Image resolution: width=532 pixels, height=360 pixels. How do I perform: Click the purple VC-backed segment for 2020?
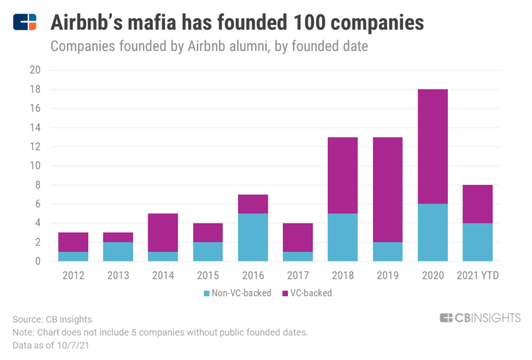click(x=432, y=146)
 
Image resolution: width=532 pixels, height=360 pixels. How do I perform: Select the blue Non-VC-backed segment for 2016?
click(x=253, y=237)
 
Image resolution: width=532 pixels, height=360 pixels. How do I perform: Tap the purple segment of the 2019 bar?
click(x=388, y=190)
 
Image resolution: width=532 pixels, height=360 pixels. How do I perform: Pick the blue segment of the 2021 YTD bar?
click(x=477, y=242)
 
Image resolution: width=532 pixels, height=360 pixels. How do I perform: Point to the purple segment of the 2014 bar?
click(x=163, y=233)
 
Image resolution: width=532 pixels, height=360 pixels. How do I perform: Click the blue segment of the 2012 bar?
click(x=73, y=257)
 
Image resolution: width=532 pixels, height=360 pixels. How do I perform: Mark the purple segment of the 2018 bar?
click(x=343, y=175)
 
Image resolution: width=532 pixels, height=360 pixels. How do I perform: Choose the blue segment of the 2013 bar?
click(x=118, y=252)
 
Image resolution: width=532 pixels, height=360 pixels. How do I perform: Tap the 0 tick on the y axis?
click(x=37, y=262)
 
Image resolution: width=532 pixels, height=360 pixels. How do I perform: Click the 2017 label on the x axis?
click(x=298, y=275)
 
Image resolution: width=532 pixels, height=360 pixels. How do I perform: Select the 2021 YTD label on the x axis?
click(x=477, y=275)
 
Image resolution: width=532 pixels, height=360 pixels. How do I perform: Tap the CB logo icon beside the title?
click(x=25, y=22)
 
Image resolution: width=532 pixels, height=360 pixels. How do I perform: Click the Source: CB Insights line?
click(x=52, y=319)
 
